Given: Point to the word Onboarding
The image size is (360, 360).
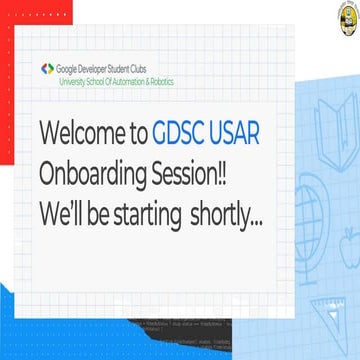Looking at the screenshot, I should click(98, 173).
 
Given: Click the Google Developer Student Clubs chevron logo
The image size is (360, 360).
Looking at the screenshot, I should click(48, 68).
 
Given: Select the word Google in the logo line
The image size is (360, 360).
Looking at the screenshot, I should click(74, 67).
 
